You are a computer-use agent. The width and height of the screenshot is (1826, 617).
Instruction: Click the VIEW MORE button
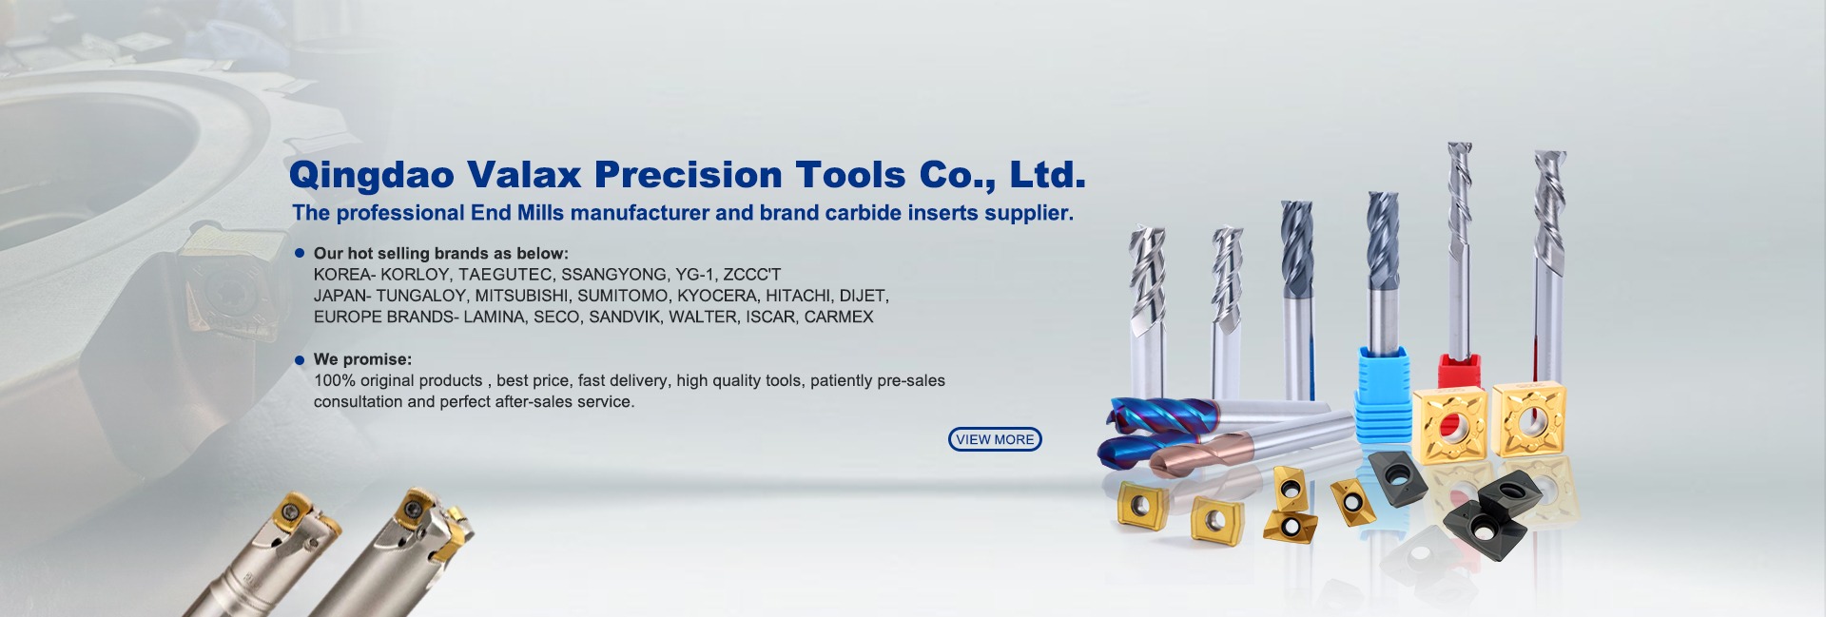995,439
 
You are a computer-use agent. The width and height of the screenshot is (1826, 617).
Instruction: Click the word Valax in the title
523,175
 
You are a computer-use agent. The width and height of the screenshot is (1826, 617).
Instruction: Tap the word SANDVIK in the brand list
624,317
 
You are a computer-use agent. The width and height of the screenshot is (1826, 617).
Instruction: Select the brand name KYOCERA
717,296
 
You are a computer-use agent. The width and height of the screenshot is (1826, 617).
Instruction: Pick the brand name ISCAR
770,317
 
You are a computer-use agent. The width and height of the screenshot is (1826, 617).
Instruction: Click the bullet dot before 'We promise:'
300,360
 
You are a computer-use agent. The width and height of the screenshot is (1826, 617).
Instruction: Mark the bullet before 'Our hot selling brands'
300,254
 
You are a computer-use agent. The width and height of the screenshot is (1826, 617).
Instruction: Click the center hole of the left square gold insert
1450,423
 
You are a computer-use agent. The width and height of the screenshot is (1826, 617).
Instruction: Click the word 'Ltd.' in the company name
1047,175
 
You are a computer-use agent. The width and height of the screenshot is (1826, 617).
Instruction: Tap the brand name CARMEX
839,317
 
